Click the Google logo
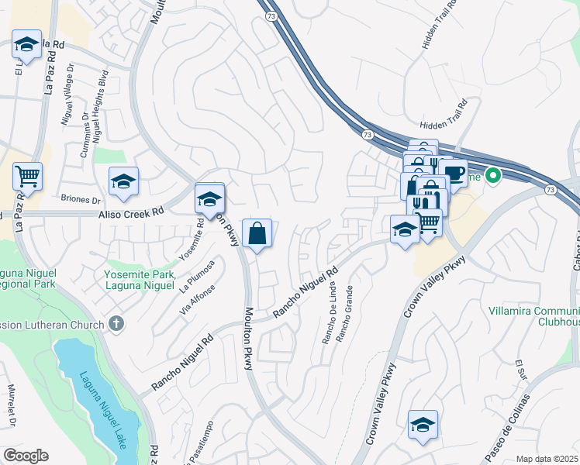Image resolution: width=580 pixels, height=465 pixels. click(26, 456)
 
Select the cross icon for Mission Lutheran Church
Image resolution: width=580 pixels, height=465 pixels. click(116, 323)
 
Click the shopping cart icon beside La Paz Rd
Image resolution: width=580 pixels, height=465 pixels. click(27, 176)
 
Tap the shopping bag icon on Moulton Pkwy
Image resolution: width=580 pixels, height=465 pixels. click(257, 232)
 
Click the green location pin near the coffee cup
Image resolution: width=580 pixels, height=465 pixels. click(491, 176)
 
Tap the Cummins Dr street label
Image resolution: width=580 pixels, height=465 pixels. click(85, 136)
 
